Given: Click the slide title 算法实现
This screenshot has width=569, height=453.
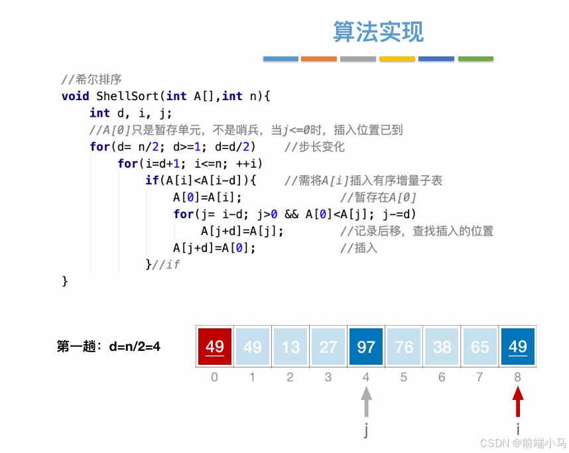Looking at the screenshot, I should (x=378, y=32).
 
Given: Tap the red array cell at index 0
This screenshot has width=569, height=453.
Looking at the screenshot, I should (x=215, y=346).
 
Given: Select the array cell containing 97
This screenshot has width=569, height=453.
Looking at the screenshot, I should (x=366, y=346).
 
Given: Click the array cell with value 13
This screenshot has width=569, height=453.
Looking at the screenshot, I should (x=290, y=346).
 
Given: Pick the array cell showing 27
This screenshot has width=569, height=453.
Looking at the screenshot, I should (x=328, y=346).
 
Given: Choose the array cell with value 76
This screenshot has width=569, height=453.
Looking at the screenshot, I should (x=404, y=346).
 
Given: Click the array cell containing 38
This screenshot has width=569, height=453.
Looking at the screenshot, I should (x=442, y=346).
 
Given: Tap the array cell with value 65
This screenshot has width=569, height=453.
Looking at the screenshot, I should (x=480, y=346).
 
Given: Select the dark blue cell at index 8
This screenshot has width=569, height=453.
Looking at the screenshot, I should (x=518, y=346).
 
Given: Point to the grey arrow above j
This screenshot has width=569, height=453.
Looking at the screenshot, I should (x=366, y=402).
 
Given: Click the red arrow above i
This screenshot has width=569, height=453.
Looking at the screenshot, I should (x=518, y=402).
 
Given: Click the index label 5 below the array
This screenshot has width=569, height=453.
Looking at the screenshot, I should (x=404, y=377).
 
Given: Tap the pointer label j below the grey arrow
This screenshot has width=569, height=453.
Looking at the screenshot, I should (x=366, y=430).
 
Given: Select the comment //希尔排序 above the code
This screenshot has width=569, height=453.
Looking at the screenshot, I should (x=92, y=80).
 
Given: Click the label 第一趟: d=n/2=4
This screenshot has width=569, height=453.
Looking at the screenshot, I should (x=109, y=346).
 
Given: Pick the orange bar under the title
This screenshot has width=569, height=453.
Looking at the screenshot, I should (x=319, y=59).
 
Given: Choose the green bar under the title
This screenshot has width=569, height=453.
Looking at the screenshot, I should (x=475, y=59).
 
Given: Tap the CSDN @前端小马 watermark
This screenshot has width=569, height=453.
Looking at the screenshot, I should (x=523, y=443).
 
